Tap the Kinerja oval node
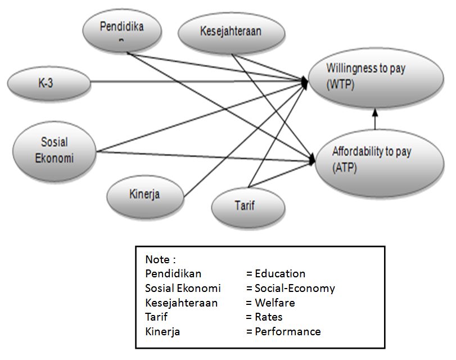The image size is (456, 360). coord(146,195)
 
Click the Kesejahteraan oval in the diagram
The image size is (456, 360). coord(231,32)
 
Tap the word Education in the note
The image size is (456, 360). coord(280,274)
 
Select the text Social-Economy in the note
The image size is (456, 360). coord(295,289)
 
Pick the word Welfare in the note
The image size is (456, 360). coord(275,303)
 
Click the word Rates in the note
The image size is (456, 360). coord(269,317)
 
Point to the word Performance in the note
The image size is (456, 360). coord(287,331)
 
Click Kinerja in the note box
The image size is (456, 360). coord(162,331)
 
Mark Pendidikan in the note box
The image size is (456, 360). coord(173,274)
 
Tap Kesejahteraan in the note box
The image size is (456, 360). coord(181,303)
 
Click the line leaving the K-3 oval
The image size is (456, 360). coord(197,82)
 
